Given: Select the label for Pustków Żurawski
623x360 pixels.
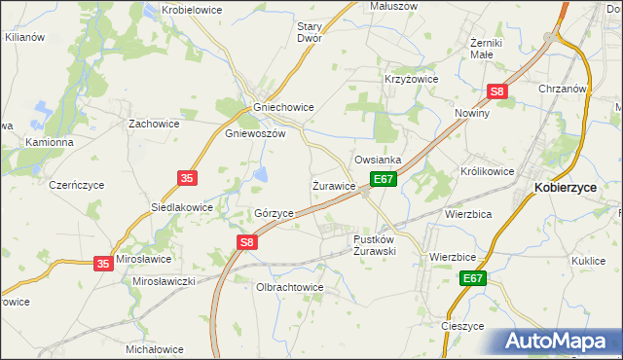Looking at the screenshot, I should pyautogui.click(x=374, y=244).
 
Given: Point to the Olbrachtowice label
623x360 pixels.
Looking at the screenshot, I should pyautogui.click(x=288, y=287).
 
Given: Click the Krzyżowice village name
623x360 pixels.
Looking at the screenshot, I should pyautogui.click(x=412, y=79).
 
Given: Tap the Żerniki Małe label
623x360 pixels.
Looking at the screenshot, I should pyautogui.click(x=484, y=49).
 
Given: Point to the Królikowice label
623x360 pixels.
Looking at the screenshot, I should pyautogui.click(x=487, y=170).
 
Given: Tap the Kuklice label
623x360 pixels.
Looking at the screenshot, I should pyautogui.click(x=590, y=261).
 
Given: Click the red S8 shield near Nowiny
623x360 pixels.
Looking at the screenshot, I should pyautogui.click(x=497, y=92).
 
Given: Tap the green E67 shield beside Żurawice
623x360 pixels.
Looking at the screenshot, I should pyautogui.click(x=383, y=179).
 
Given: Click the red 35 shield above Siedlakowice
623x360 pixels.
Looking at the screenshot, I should pyautogui.click(x=186, y=177).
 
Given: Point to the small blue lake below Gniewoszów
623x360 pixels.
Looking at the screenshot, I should pyautogui.click(x=262, y=175).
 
